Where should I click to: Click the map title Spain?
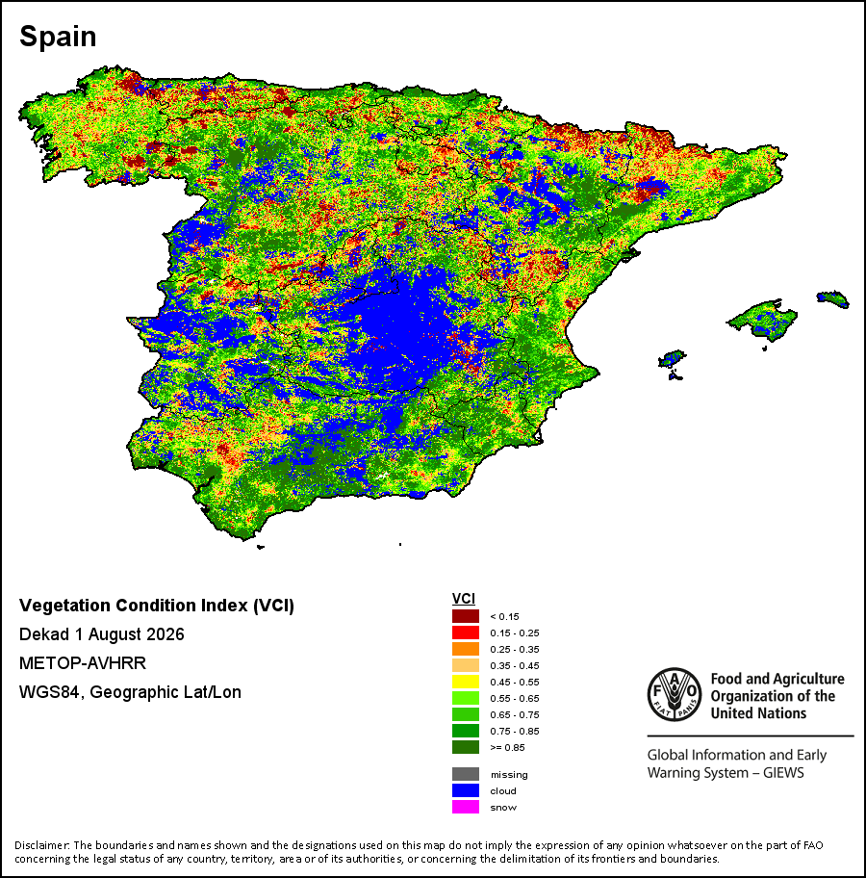coord(58,37)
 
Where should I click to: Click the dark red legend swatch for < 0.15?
coord(465,616)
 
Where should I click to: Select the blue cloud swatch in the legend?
coord(465,790)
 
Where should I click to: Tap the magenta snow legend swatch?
coord(465,807)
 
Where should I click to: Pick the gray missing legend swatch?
coord(465,774)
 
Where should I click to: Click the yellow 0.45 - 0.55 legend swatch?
coord(465,682)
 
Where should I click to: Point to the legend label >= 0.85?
coord(507,747)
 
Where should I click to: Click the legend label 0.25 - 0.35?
coord(515,650)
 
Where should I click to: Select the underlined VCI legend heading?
coord(464,599)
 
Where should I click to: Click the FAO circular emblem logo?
coord(675,694)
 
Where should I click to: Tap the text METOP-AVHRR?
coord(83,663)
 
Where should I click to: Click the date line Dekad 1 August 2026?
coord(102,634)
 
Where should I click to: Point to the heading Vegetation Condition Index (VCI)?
coord(157,606)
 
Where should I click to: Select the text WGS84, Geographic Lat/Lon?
coord(131,692)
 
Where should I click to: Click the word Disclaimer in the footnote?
coord(41,845)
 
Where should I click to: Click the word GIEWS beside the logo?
coord(783,773)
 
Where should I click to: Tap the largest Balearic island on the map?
coord(762,320)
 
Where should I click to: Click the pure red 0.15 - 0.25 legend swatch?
coord(465,633)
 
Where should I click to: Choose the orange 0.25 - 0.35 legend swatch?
coord(465,649)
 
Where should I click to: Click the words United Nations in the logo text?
coord(758,713)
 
